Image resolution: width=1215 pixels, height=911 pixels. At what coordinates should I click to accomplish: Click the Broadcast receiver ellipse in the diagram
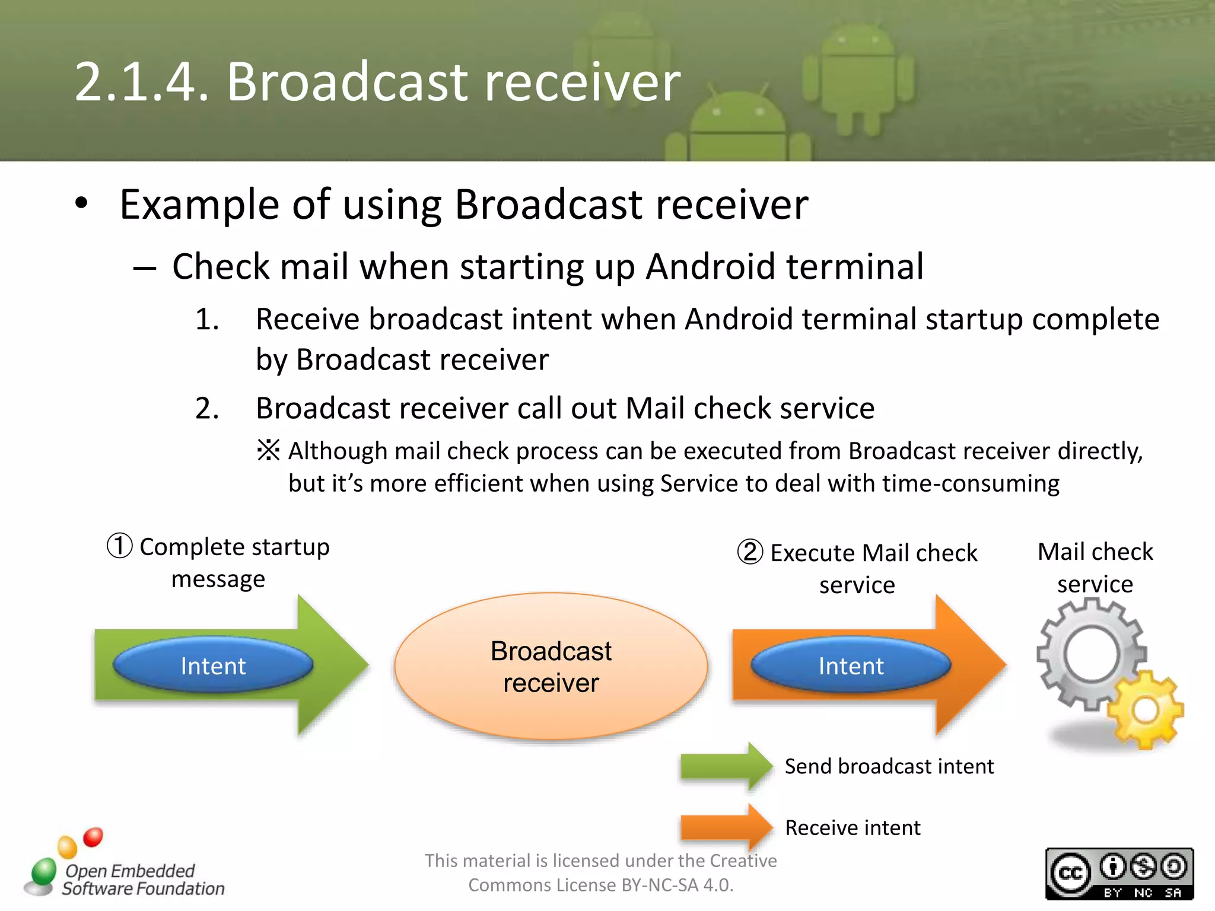coord(551,666)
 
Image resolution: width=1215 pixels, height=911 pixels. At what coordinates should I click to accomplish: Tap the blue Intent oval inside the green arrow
coord(213,665)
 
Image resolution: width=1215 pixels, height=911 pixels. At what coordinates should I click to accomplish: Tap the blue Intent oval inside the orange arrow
coord(851,665)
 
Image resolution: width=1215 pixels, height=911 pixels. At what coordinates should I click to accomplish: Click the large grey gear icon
coord(1090,654)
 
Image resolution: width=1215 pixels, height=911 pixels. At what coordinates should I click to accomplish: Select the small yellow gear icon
coord(1145,710)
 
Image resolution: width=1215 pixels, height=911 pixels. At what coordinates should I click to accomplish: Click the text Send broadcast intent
coord(889,766)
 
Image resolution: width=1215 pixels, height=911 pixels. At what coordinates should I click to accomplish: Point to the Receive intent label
coord(853,827)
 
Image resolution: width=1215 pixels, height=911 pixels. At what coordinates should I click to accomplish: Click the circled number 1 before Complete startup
coord(119,546)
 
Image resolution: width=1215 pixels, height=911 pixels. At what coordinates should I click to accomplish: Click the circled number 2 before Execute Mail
coord(750,552)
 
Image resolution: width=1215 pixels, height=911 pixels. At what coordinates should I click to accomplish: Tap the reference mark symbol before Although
coord(268,450)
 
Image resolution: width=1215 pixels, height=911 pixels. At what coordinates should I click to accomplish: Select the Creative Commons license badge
coord(1119,874)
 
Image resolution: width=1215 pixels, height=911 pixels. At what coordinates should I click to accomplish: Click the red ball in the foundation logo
coord(93,837)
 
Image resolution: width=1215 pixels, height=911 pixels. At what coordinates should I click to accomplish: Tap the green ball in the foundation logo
coord(43,871)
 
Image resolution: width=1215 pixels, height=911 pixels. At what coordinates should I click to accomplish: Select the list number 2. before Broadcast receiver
coord(207,409)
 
